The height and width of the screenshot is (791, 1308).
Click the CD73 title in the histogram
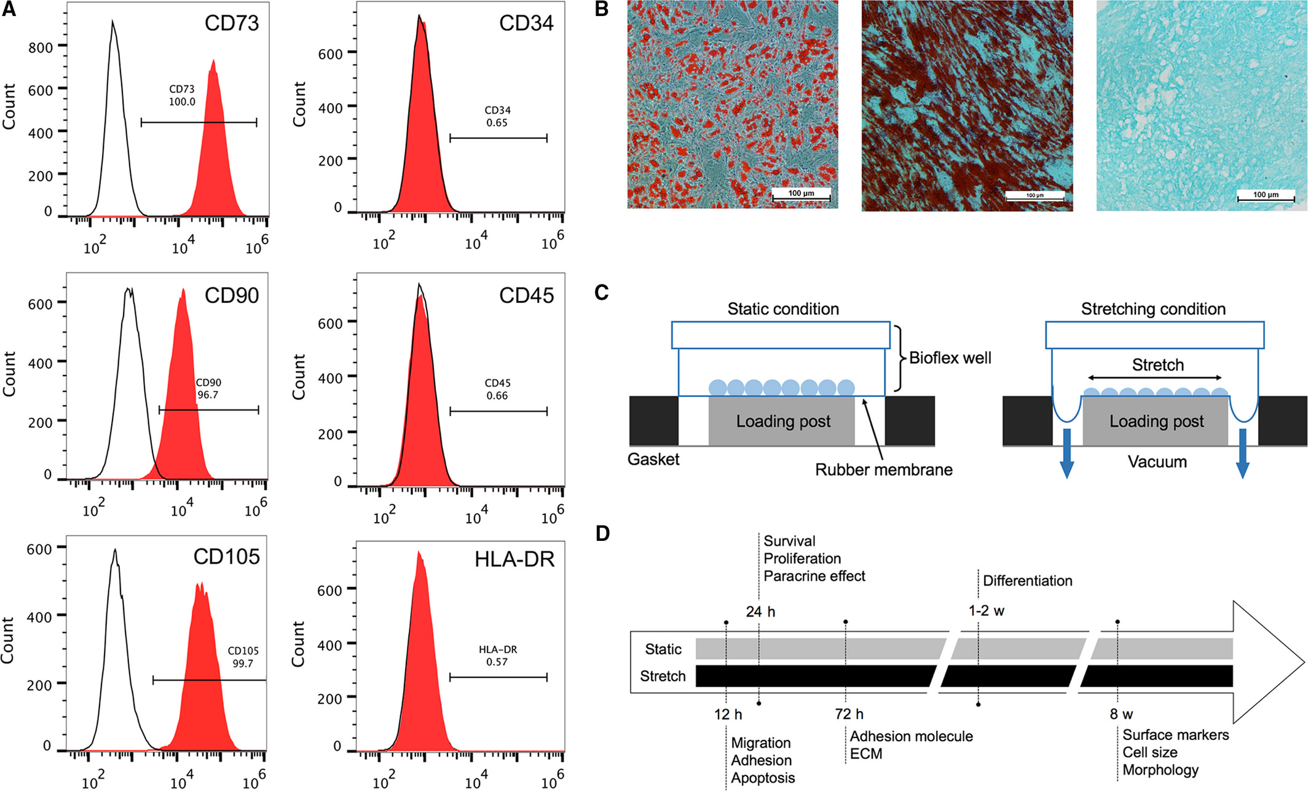coord(232,23)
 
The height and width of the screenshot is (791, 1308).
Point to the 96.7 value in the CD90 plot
coord(208,395)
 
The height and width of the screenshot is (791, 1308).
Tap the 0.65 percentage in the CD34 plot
coord(497,123)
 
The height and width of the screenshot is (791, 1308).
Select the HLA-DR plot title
coord(514,559)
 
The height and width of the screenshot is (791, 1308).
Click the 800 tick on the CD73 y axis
coord(41,47)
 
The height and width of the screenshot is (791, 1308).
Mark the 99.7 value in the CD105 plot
coord(243,664)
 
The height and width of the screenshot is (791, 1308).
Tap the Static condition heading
coord(783,309)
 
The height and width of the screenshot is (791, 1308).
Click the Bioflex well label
coord(950,358)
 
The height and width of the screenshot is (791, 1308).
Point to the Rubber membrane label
coord(883,470)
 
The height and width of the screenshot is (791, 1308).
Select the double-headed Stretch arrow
coord(1155,378)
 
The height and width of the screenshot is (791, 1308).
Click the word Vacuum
coord(1157,462)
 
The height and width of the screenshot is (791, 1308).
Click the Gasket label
coord(653,460)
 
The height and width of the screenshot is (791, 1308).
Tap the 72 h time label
coord(849,714)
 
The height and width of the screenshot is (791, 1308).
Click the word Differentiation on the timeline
coord(1027,581)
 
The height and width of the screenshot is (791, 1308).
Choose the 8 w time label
coord(1121,714)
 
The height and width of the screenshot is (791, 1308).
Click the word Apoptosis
coord(763,778)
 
